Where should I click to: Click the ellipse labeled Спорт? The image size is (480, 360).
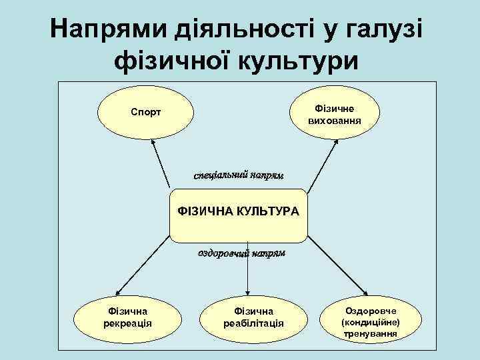pyautogui.click(x=145, y=113)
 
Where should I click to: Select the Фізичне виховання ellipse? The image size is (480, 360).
pyautogui.click(x=335, y=114)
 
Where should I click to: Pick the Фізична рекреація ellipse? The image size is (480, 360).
pyautogui.click(x=127, y=317)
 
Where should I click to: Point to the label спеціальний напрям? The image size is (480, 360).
pyautogui.click(x=239, y=175)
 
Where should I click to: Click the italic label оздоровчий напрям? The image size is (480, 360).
pyautogui.click(x=241, y=253)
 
